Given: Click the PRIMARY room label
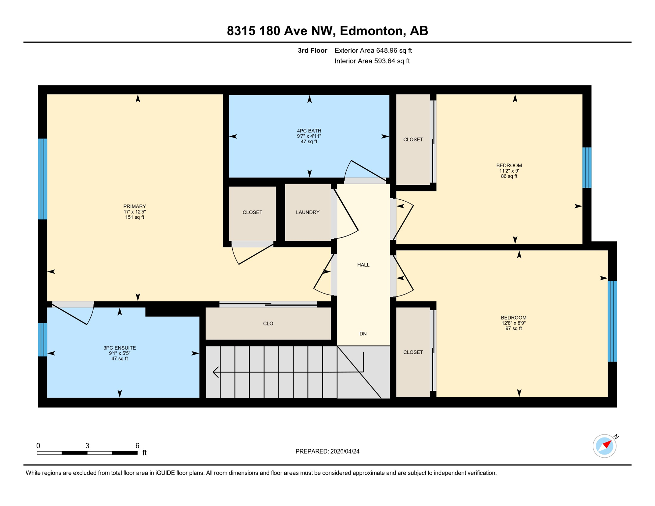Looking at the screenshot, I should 134,207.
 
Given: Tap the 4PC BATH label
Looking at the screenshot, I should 309,131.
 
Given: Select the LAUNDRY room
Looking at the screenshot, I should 307,212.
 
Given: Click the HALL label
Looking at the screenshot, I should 363,265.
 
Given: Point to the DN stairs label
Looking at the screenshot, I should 363,334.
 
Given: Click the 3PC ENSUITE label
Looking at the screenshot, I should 119,348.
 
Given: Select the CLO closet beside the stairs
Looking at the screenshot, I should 268,323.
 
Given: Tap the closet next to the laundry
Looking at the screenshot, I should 252,212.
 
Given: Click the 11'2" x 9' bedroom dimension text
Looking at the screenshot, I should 509,171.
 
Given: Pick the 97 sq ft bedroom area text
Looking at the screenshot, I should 513,328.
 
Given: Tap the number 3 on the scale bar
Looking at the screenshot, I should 87,446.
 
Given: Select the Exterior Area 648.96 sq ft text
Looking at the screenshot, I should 373,50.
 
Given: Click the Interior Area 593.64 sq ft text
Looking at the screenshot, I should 372,61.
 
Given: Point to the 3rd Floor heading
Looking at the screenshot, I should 312,50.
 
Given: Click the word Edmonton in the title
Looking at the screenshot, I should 372,31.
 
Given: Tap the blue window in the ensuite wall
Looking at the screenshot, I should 43,339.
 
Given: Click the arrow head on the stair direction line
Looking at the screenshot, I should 216,372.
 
